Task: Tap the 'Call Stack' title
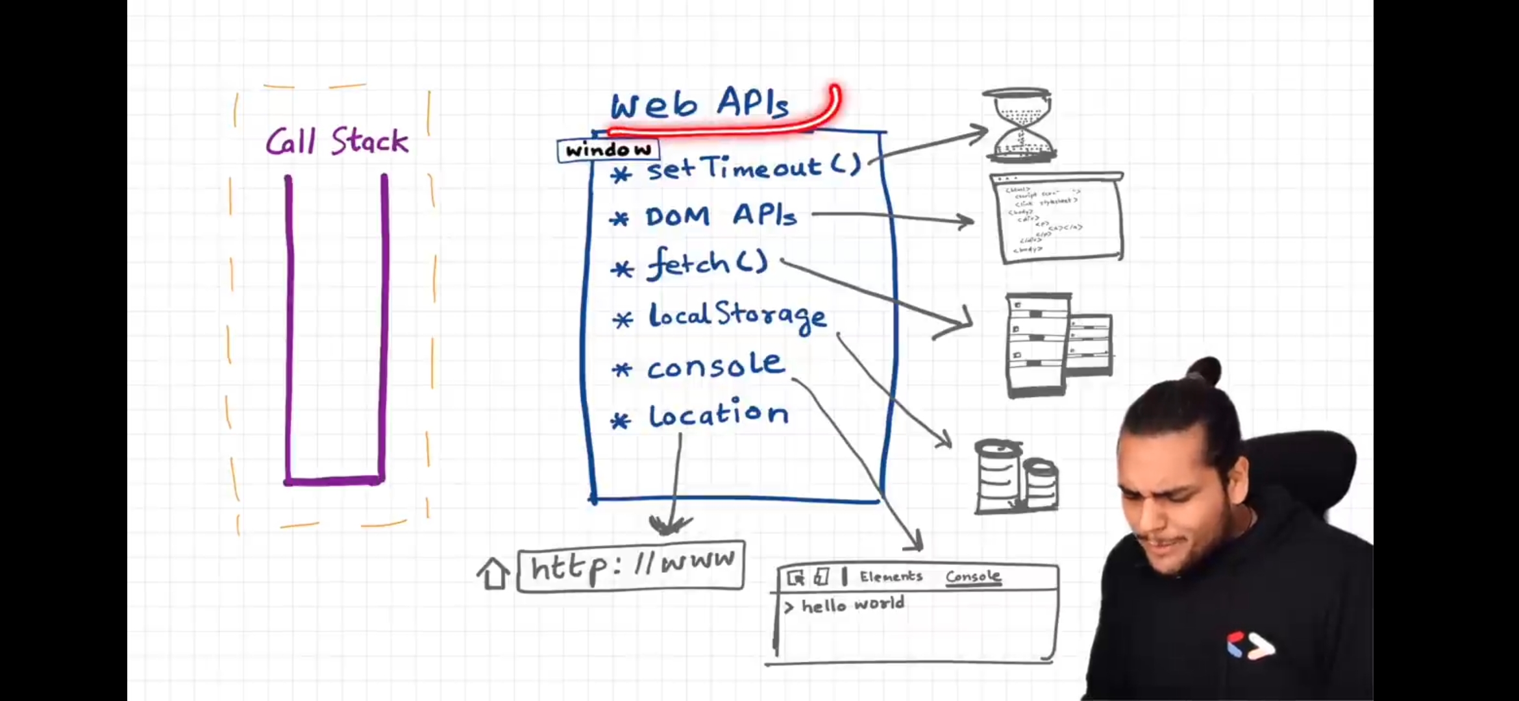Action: tap(337, 141)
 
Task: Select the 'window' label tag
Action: tap(608, 151)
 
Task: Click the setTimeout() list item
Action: tap(753, 168)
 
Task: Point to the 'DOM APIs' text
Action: tap(721, 216)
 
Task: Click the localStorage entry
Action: tap(737, 316)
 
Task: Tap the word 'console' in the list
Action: tap(715, 367)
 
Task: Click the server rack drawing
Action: tap(1058, 344)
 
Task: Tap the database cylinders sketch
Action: tap(1016, 477)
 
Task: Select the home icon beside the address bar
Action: tap(493, 574)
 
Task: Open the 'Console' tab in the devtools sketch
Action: tap(972, 576)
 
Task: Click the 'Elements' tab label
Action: tap(891, 576)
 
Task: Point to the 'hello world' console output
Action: tap(852, 605)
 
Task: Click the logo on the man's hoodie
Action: tap(1250, 646)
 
